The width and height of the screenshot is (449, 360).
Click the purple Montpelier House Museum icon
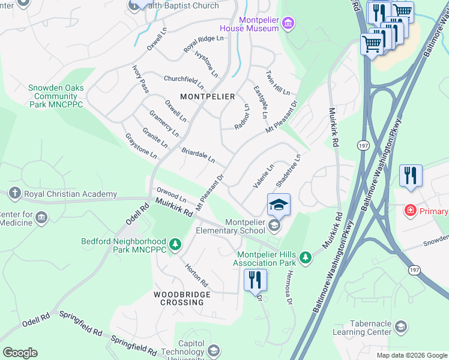click(x=289, y=23)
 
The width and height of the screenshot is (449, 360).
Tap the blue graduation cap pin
click(x=279, y=206)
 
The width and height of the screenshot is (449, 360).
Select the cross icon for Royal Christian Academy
click(x=16, y=193)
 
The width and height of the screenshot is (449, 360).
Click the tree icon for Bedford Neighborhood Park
click(x=175, y=244)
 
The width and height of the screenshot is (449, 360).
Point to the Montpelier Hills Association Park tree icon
click(x=306, y=257)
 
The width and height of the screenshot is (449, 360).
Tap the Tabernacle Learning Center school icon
click(x=401, y=326)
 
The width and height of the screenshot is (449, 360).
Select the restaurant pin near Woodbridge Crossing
click(x=255, y=280)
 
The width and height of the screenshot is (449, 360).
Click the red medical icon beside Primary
click(x=410, y=211)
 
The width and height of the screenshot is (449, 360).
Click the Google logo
click(x=20, y=353)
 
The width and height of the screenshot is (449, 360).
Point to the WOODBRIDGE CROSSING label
click(x=182, y=298)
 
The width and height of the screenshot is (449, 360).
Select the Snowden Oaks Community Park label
click(x=56, y=96)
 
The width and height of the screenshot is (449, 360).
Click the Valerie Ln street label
click(x=264, y=176)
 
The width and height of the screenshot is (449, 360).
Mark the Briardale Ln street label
click(x=197, y=155)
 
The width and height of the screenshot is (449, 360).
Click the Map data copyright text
click(x=411, y=355)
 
